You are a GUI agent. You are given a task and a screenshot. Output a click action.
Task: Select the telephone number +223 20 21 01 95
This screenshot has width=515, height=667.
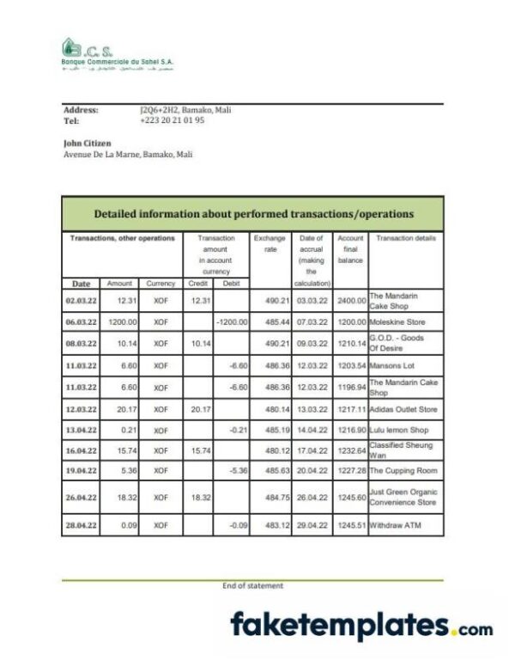172,120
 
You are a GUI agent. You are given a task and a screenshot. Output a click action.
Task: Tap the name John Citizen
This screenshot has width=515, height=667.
88,143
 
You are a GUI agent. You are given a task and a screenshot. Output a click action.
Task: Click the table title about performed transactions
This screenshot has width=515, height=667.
252,213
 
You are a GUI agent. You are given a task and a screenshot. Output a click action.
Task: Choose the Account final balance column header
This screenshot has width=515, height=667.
350,248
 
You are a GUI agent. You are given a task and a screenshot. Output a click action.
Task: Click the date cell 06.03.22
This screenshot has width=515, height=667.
82,321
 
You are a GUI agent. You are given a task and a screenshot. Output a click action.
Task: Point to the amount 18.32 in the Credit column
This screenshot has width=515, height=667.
198,498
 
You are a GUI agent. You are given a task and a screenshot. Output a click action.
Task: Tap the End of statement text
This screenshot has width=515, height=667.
252,585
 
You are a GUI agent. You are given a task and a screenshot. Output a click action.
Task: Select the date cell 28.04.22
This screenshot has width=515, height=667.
82,524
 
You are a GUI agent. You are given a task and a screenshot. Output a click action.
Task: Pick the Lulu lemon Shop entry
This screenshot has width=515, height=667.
400,428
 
